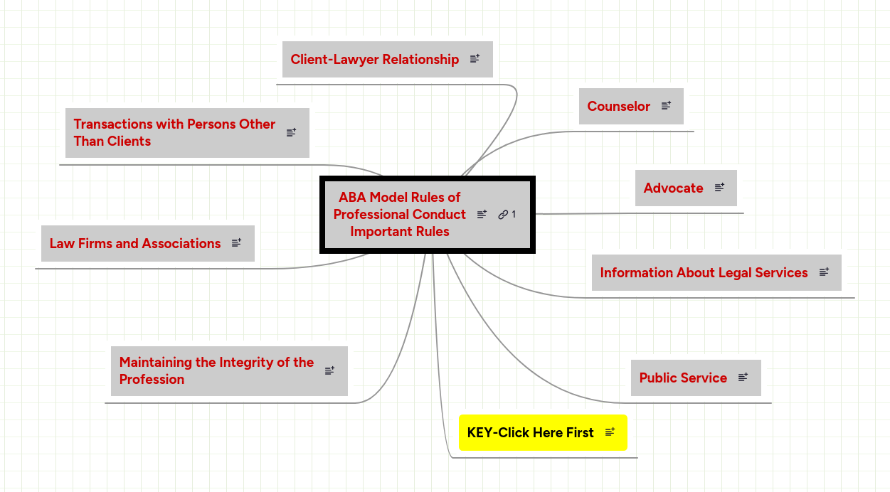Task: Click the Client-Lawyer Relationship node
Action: [x=375, y=60]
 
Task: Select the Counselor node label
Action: [x=618, y=107]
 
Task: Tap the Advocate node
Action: [x=673, y=188]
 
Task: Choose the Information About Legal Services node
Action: [x=704, y=273]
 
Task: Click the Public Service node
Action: [x=683, y=378]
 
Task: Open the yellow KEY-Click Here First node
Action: [x=530, y=432]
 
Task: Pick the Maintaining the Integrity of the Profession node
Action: [x=216, y=371]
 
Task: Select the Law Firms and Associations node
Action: [x=135, y=244]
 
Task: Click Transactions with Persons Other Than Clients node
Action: [x=174, y=133]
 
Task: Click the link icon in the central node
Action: [x=503, y=215]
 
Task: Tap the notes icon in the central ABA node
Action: [x=482, y=215]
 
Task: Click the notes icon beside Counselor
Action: [x=666, y=106]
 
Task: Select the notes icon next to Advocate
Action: [x=719, y=188]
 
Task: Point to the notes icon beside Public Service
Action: [x=743, y=378]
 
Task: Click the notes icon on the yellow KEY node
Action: [x=610, y=432]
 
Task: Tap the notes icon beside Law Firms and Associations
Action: [x=236, y=243]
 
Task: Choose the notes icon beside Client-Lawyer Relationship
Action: [x=475, y=59]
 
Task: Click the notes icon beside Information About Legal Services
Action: [x=824, y=272]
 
